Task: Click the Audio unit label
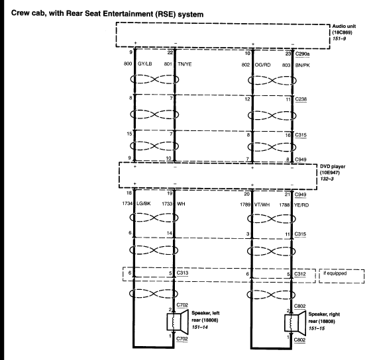344,26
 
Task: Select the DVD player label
333,166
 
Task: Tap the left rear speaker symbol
178,321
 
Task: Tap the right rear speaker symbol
295,323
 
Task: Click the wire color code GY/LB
145,64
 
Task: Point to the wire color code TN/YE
185,64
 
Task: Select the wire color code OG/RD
262,65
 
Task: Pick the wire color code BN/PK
302,66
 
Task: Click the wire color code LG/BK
144,203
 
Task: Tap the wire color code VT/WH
262,204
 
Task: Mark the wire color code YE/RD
301,205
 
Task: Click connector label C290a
302,54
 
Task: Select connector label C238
301,99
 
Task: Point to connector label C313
182,273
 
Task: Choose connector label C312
300,274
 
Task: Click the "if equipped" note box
342,276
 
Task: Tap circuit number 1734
127,203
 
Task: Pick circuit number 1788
284,204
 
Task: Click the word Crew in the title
19,13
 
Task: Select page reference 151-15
317,328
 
